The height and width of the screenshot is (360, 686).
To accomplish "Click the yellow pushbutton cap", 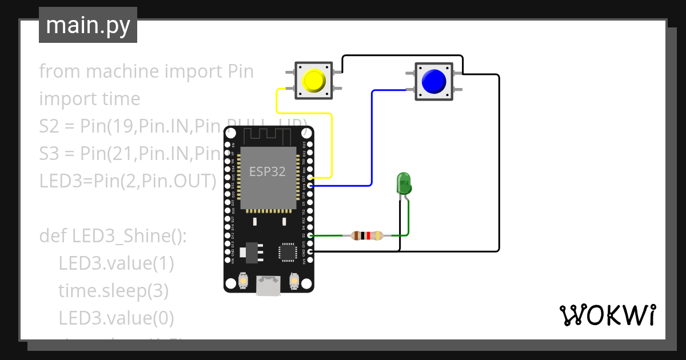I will pos(313,81).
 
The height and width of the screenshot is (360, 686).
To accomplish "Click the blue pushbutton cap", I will pos(433,81).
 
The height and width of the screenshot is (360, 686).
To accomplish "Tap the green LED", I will pos(404,184).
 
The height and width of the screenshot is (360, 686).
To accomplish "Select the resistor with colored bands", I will pos(367,235).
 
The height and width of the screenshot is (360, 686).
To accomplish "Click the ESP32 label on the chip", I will pos(268,171).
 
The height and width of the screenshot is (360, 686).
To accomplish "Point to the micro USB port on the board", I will pos(268,286).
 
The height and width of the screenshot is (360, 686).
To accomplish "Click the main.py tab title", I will pos(88,25).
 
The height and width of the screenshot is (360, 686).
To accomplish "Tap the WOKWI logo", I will pos(607,315).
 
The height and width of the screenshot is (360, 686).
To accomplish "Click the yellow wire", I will pos(332,143).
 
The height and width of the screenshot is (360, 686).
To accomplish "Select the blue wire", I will pos(372,143).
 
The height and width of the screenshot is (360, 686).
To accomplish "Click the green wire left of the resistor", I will pos(329,235).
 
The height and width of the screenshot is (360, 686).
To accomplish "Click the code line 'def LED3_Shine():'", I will pos(113,235).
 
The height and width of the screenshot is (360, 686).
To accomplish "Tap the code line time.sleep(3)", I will pos(113,290).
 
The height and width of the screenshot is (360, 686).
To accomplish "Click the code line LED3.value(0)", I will pos(116,317).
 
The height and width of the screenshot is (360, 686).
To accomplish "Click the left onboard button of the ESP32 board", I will pos(242,281).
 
